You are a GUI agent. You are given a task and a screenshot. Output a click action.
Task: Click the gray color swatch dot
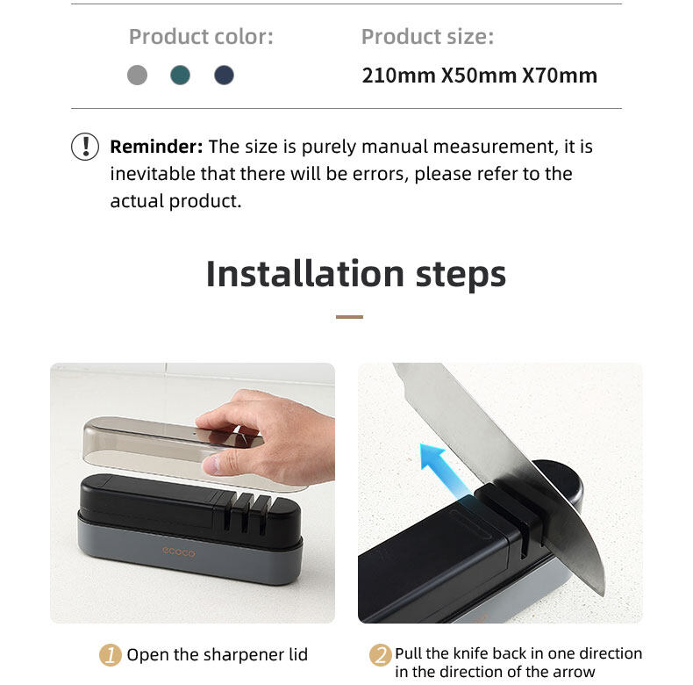[x=137, y=75]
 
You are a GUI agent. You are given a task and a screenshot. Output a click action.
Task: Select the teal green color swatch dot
[x=181, y=75]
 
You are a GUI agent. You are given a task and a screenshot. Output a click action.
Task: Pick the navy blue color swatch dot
[x=224, y=75]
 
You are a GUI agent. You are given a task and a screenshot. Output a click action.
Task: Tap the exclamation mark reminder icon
[x=85, y=147]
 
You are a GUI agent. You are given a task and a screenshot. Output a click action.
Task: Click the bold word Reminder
[x=156, y=147]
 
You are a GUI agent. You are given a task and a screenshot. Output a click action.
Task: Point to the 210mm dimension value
[x=398, y=76]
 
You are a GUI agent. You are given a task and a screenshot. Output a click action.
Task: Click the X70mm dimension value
[x=560, y=76]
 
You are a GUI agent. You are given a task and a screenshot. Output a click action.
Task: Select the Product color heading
[x=201, y=36]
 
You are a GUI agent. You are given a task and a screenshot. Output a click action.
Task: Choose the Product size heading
[x=427, y=36]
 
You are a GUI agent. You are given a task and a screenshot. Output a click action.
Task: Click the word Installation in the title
[x=305, y=274]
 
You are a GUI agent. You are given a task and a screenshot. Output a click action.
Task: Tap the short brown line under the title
[x=349, y=317]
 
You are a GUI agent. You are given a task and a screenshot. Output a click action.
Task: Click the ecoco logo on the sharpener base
[x=179, y=552]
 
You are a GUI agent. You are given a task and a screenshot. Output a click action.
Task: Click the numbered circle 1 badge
[x=111, y=655]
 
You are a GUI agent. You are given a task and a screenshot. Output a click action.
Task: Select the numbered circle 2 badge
[x=380, y=655]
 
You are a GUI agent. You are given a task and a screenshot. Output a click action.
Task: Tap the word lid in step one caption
[x=298, y=654]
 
